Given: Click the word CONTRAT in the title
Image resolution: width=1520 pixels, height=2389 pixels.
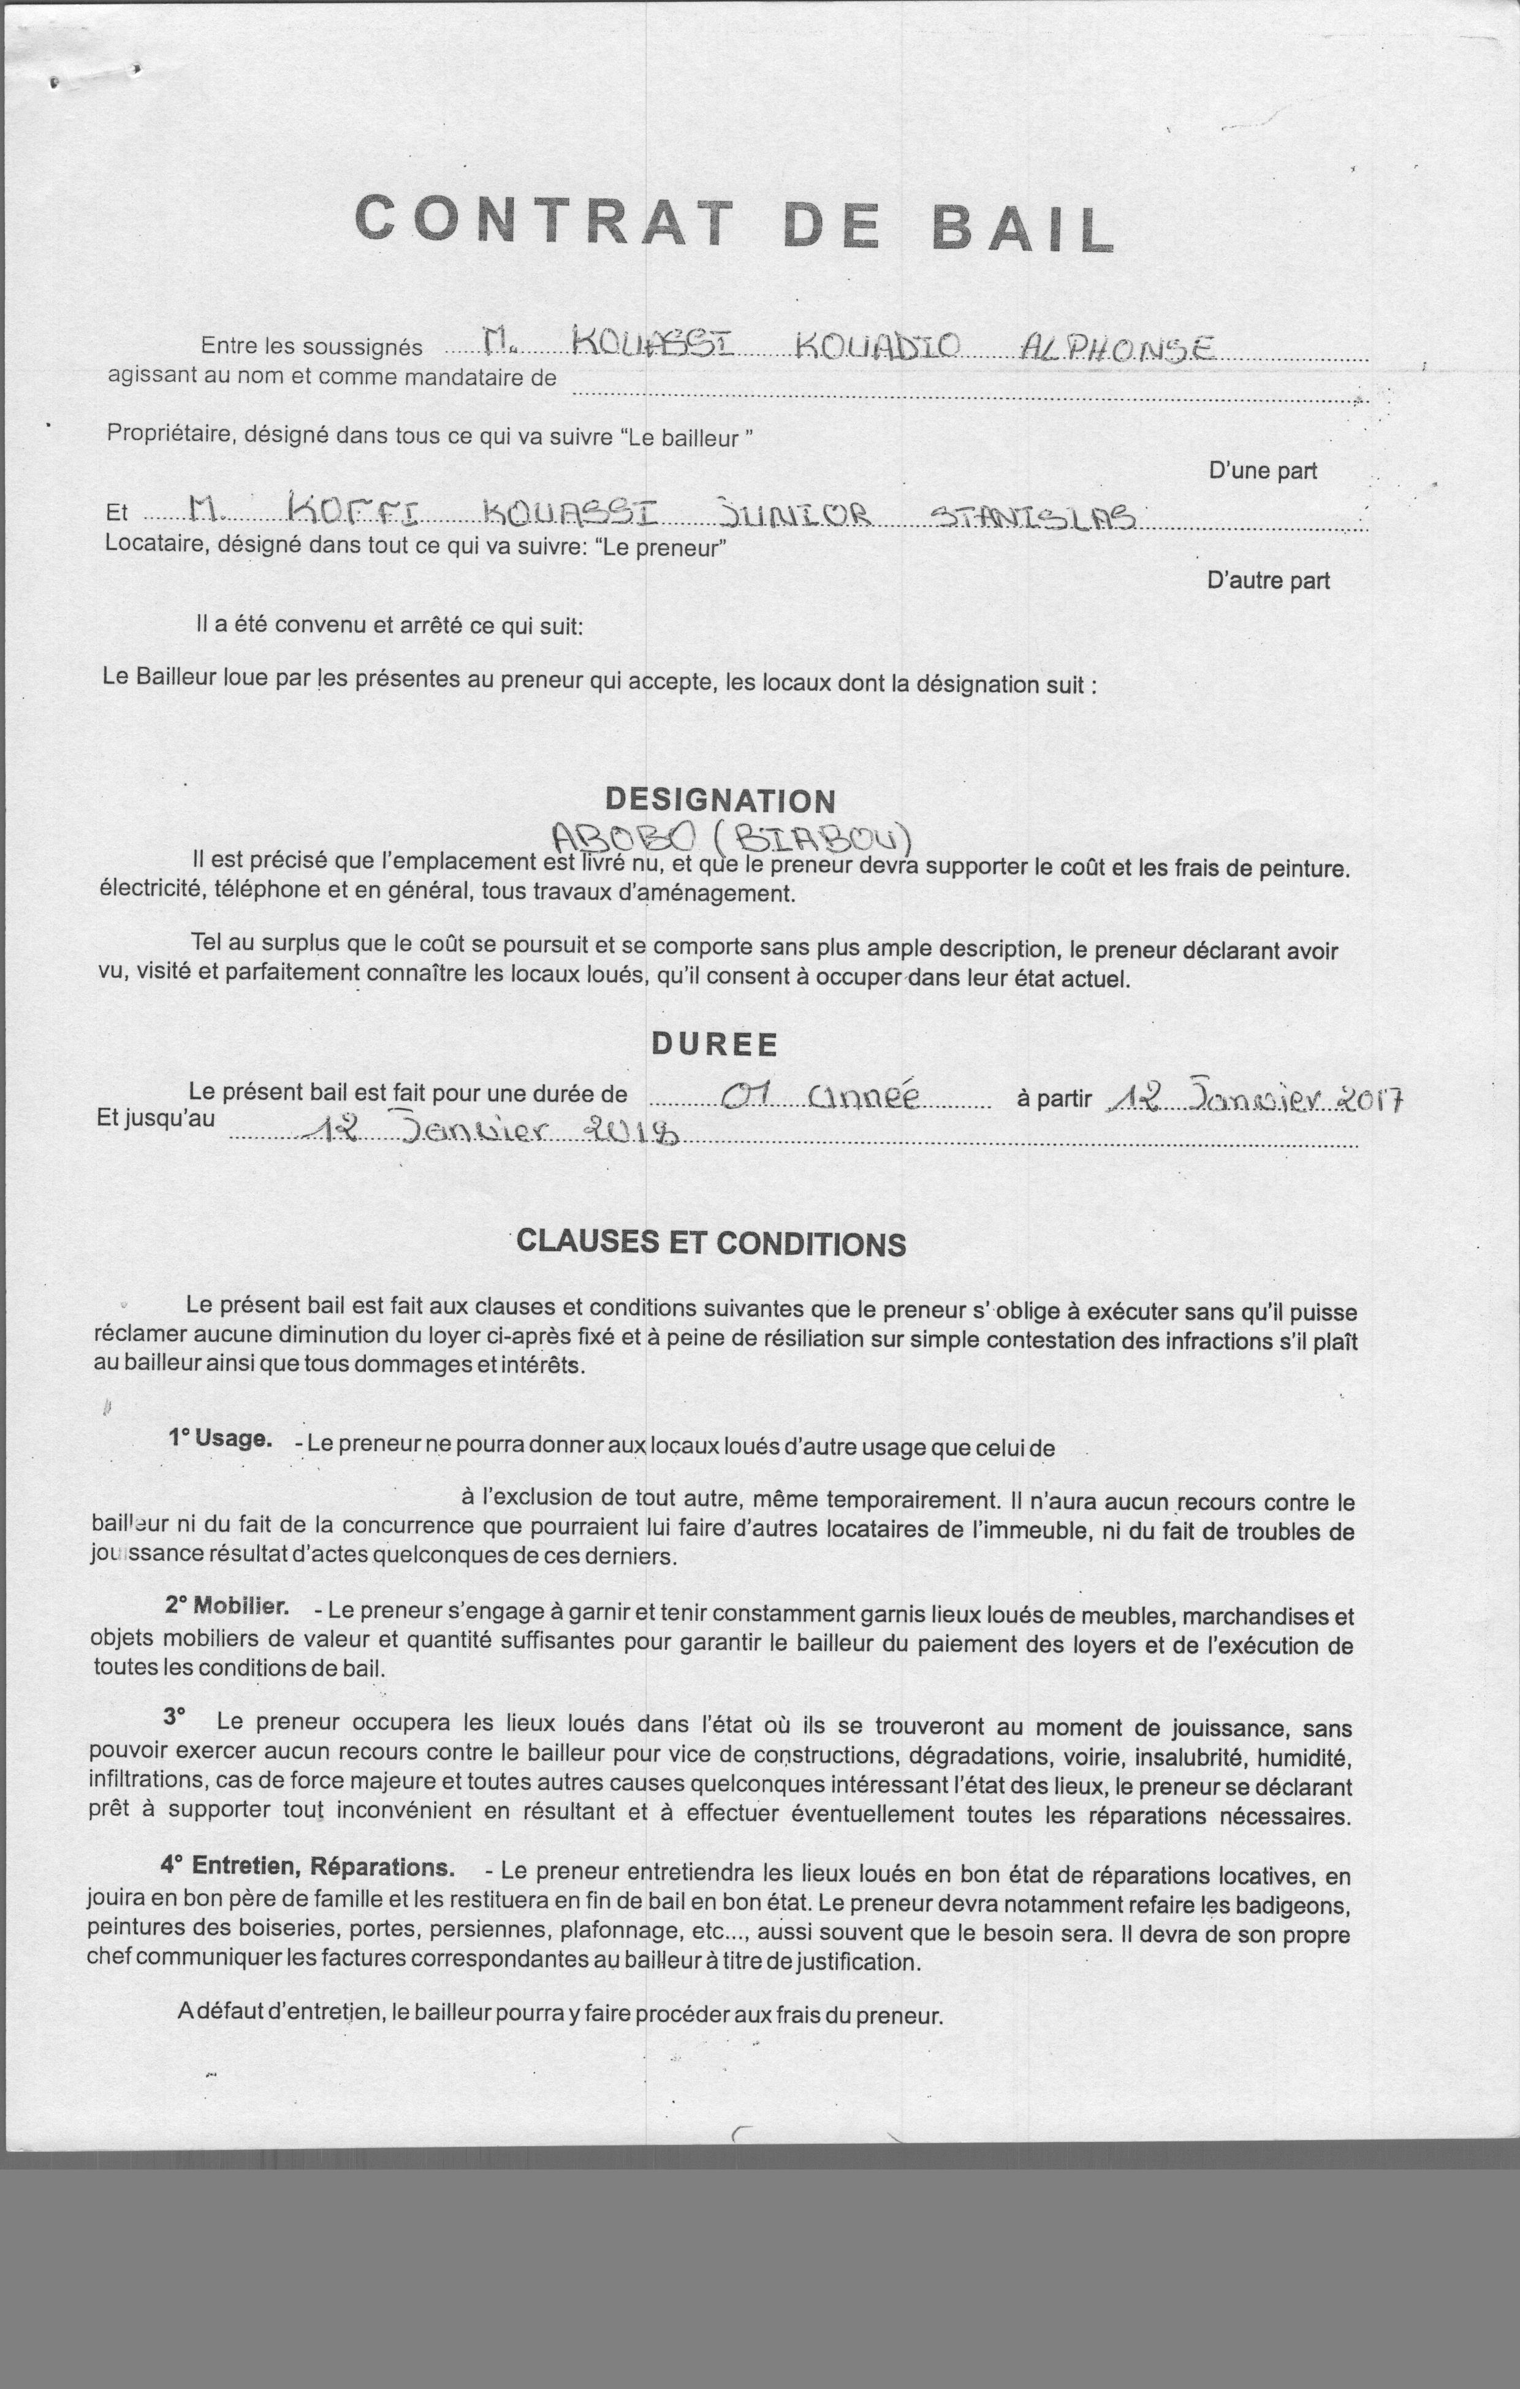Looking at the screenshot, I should pyautogui.click(x=544, y=220).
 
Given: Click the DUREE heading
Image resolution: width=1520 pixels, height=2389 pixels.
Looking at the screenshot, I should pyautogui.click(x=715, y=1044).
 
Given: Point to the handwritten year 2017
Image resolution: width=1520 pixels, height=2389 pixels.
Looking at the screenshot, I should pyautogui.click(x=1367, y=1099).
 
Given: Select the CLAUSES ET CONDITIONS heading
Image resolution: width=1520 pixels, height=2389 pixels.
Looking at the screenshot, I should pyautogui.click(x=712, y=1243).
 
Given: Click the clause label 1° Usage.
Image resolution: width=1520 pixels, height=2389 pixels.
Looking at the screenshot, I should pyautogui.click(x=219, y=1439).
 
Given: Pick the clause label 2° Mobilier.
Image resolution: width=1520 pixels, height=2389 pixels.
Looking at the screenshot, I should pyautogui.click(x=227, y=1605).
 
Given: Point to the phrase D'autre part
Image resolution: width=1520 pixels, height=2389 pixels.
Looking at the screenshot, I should pyautogui.click(x=1268, y=581).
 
